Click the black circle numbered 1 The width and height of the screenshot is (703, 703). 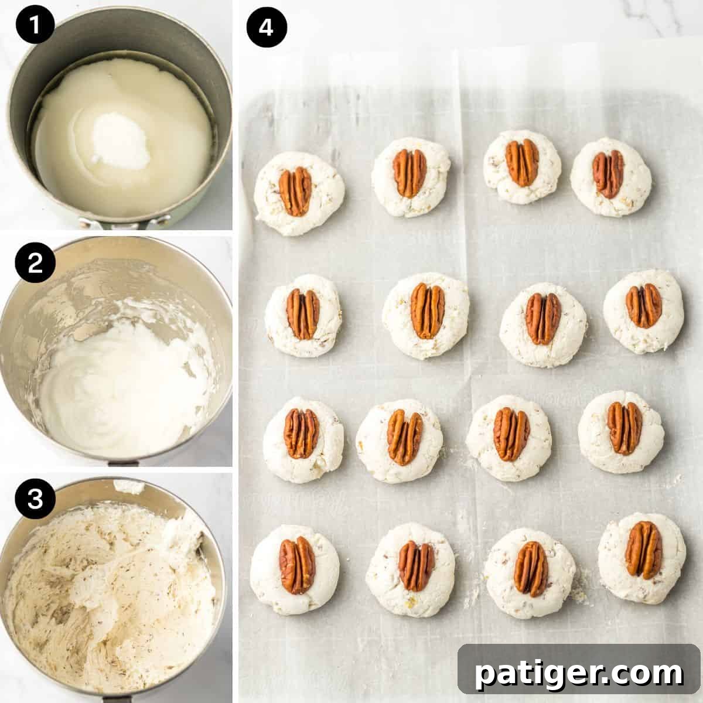[36, 28]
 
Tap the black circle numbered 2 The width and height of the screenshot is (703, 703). [36, 264]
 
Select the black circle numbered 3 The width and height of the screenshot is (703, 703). [36, 500]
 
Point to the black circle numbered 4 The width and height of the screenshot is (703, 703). [267, 28]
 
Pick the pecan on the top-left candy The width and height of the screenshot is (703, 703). [295, 192]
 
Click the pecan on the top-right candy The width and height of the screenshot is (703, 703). [609, 174]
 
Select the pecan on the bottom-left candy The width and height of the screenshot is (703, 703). [296, 565]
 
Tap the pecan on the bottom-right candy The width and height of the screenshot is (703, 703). [643, 550]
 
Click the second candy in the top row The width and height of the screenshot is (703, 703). [411, 173]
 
